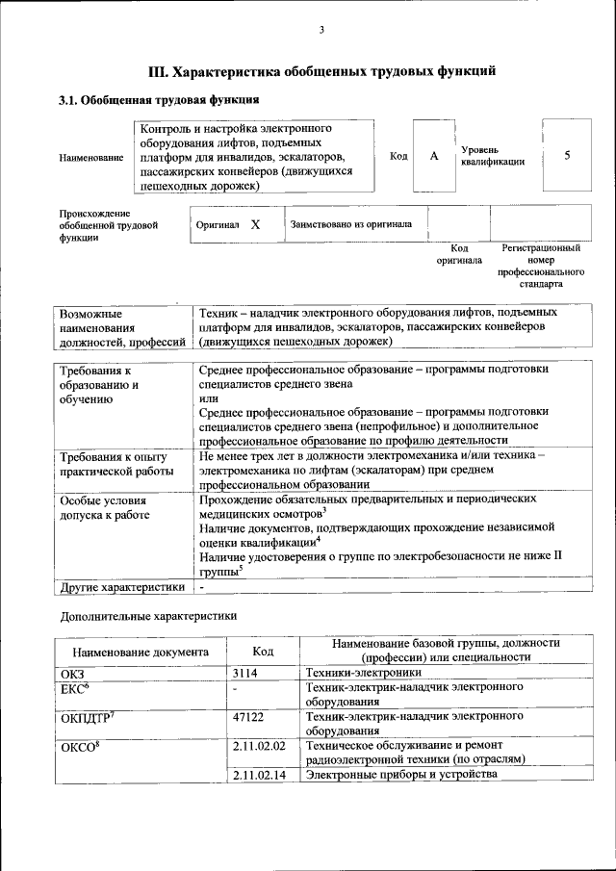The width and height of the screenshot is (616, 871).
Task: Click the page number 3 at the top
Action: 322,31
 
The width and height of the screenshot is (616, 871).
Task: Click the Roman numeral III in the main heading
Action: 159,71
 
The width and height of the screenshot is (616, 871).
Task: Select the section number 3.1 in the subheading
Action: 70,99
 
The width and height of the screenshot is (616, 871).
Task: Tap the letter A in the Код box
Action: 434,156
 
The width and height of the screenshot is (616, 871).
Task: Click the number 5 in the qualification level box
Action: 567,156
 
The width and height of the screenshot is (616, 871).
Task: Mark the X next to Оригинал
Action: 255,224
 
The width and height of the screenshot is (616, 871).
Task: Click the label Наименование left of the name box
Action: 91,157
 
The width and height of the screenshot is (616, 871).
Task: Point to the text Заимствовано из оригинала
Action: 351,224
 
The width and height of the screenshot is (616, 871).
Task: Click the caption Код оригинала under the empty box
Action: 459,254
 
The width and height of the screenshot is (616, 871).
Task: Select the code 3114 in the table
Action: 246,674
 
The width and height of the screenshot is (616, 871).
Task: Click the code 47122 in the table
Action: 248,718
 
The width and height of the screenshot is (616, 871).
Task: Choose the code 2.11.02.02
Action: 260,746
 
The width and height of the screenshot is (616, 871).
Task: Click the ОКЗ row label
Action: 73,674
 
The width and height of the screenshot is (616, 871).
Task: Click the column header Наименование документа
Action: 140,652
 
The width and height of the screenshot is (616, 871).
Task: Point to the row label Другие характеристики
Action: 121,586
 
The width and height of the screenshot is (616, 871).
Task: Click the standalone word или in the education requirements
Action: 208,397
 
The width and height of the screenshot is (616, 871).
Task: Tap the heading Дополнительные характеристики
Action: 148,614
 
